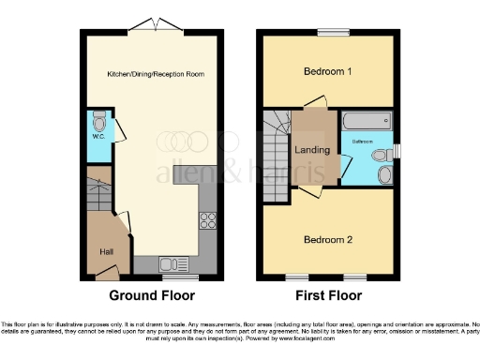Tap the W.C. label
98,137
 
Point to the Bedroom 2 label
327,239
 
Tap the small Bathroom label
363,142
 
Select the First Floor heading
327,295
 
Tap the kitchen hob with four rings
208,222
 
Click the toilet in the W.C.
99,121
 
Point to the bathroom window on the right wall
397,151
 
